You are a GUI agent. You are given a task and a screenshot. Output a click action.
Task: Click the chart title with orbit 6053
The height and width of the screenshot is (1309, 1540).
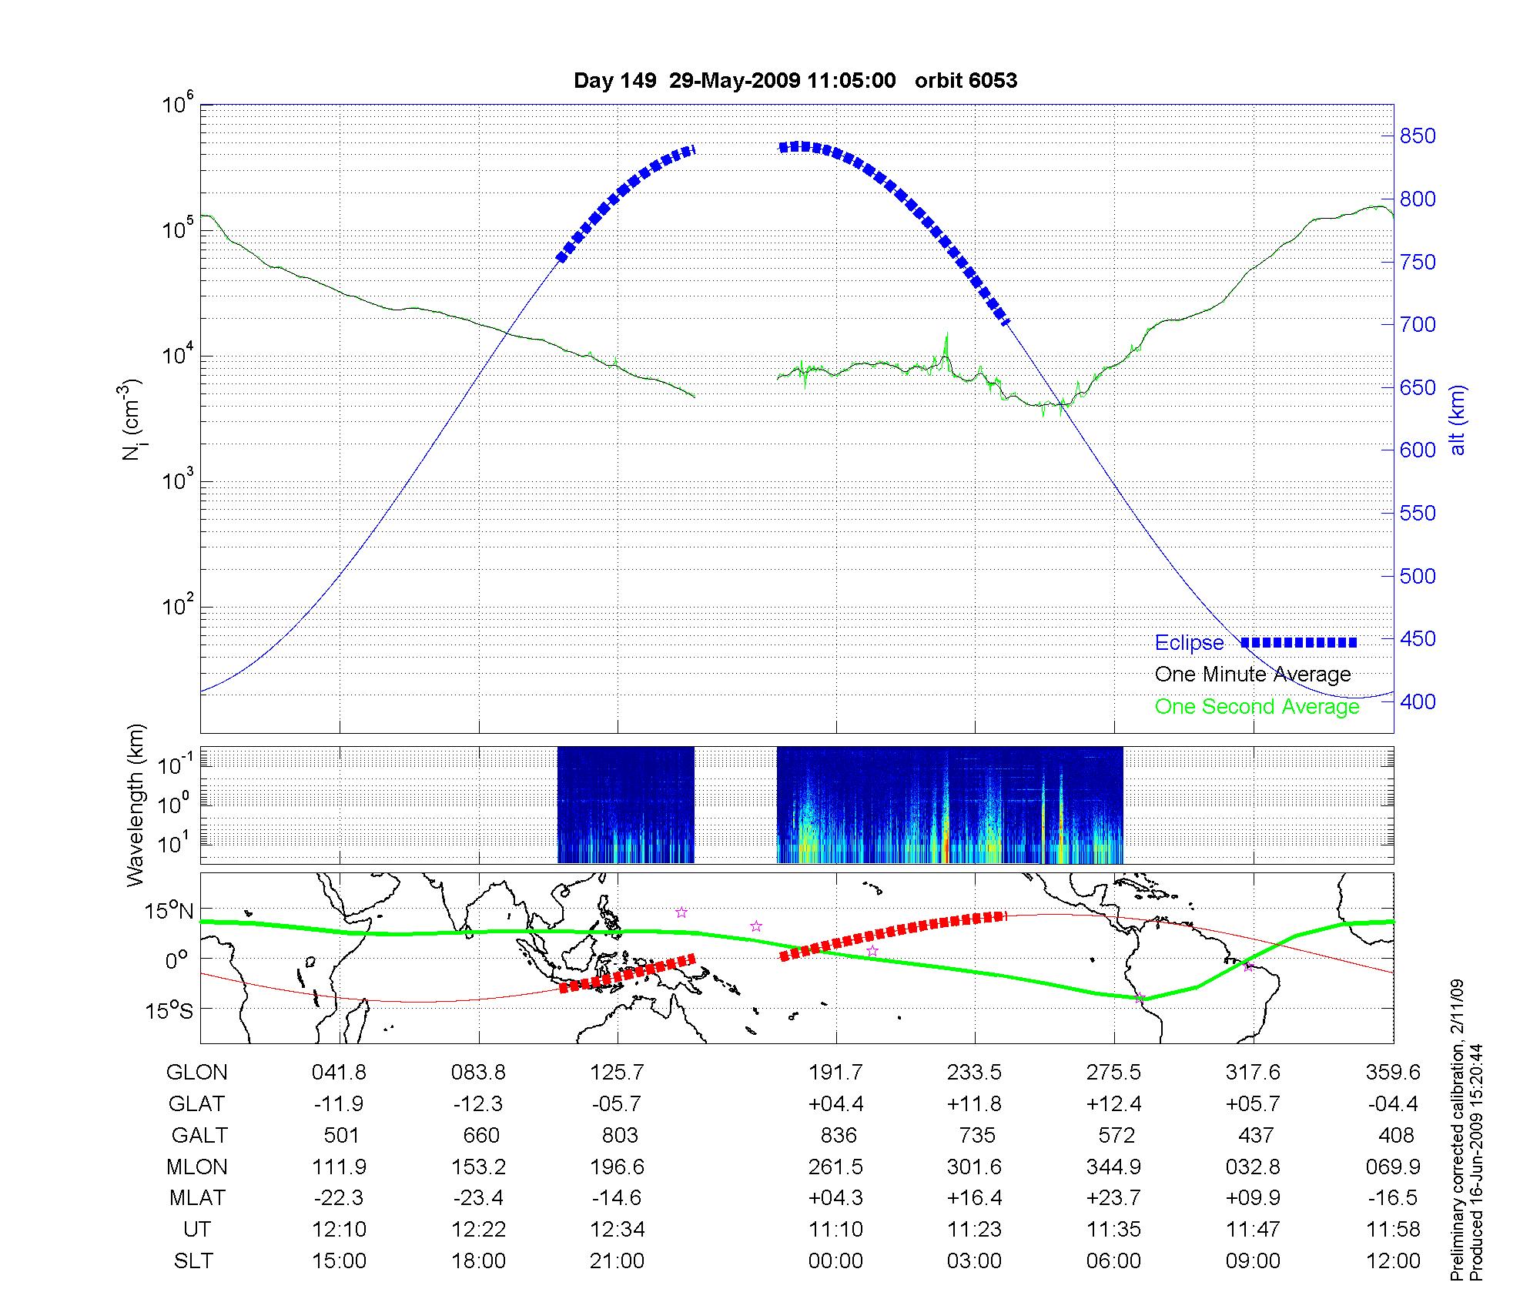pos(795,81)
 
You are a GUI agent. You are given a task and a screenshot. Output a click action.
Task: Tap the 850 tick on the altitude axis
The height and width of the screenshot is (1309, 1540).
pos(1418,136)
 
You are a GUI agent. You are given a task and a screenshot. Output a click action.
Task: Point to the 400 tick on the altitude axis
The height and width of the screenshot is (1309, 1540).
pos(1418,701)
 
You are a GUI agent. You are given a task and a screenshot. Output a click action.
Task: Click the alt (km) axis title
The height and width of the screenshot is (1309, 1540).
pos(1458,420)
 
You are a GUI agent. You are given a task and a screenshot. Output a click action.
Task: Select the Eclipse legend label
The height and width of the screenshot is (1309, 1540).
pos(1189,643)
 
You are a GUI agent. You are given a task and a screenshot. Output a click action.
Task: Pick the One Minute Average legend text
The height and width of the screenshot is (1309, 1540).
pos(1253,675)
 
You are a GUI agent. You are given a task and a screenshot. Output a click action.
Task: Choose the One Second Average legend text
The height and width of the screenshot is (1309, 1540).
pos(1257,706)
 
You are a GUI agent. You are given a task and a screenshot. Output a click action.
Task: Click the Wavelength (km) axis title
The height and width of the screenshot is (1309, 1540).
pos(136,805)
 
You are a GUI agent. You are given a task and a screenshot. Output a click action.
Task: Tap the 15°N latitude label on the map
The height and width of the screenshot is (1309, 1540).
pos(169,912)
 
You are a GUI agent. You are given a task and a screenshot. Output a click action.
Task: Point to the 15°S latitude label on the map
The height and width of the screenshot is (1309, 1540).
pos(169,1010)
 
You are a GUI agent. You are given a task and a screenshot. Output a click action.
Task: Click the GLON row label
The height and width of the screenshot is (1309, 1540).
pos(197,1073)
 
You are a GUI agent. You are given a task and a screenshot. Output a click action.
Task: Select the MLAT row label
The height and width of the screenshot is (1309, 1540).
pos(197,1198)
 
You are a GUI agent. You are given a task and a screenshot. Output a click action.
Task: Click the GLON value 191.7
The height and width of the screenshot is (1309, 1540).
pos(835,1073)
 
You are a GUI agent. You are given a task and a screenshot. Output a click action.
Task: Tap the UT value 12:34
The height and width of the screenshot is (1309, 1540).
pos(618,1230)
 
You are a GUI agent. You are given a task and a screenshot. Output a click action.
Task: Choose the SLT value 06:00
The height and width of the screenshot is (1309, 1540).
pos(1114,1261)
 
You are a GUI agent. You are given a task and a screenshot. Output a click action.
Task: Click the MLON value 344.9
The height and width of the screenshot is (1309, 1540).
pos(1114,1167)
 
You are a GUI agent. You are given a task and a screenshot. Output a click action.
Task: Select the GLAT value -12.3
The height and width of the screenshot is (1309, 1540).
pos(478,1104)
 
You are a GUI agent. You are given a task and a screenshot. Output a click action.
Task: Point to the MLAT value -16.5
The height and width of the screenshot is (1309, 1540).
pos(1393,1198)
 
